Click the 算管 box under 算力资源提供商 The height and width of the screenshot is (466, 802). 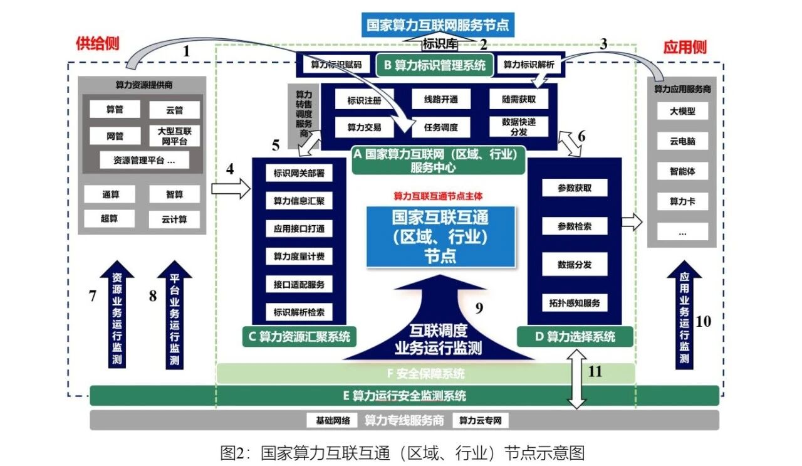[x=115, y=109]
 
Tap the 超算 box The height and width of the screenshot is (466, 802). [x=110, y=218]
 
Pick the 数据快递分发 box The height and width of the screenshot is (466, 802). [x=519, y=127]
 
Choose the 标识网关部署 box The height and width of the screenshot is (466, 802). [x=299, y=173]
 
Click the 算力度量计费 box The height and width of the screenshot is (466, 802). [x=299, y=257]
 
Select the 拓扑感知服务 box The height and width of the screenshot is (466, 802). [x=574, y=304]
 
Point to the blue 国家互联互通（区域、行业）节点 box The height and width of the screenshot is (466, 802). [x=440, y=236]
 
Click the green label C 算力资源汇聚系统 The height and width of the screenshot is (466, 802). [x=299, y=337]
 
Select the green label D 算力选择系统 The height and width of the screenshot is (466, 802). [x=575, y=337]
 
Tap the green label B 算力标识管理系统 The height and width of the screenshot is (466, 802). [x=434, y=65]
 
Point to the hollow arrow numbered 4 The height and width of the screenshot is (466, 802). [x=230, y=188]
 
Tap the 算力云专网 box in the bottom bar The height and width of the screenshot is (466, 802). [x=481, y=420]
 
